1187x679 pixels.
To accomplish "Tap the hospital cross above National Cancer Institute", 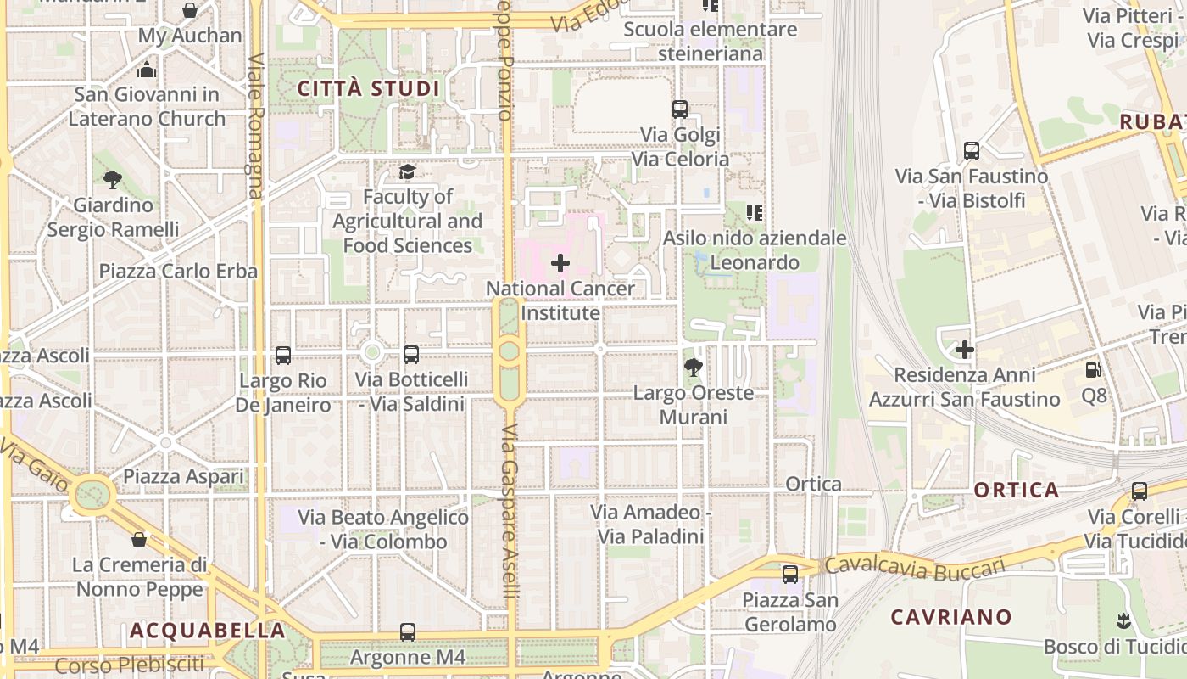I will [x=560, y=263].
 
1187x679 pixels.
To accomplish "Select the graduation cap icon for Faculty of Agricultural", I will [x=407, y=172].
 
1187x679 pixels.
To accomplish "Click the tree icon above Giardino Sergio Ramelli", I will [x=112, y=179].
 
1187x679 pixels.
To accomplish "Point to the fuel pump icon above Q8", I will [x=1094, y=370].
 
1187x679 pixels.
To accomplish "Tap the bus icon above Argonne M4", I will [x=408, y=632].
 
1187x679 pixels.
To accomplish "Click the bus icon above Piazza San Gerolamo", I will [x=790, y=575].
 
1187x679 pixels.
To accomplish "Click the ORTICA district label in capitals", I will [x=1017, y=490].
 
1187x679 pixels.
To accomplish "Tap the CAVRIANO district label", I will [x=951, y=617].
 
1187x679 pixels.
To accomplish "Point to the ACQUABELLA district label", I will [x=207, y=631].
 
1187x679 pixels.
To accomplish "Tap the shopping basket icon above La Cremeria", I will [x=139, y=540].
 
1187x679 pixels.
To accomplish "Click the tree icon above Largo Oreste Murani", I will [x=693, y=368].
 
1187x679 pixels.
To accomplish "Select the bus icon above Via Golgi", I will [x=679, y=109].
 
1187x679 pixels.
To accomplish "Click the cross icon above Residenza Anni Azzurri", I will [x=964, y=350].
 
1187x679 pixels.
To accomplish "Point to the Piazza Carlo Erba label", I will [x=178, y=272].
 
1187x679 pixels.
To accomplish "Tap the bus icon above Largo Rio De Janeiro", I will [x=283, y=356].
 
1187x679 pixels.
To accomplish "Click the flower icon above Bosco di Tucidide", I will [x=1123, y=620].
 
